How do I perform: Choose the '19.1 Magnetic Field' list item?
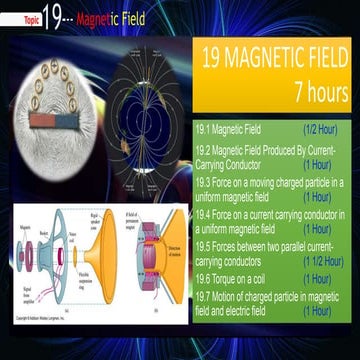[229, 129]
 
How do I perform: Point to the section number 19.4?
[205, 214]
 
